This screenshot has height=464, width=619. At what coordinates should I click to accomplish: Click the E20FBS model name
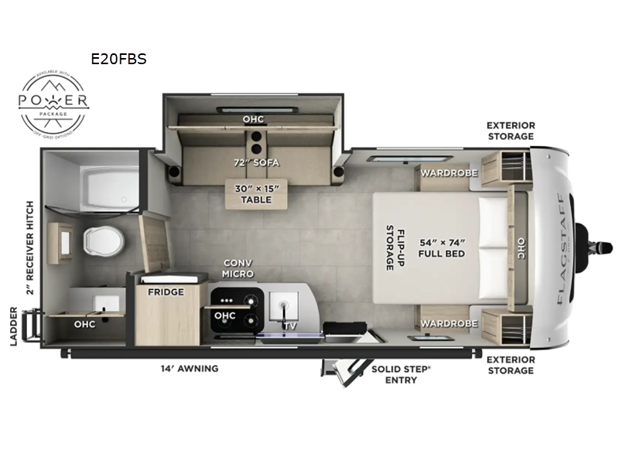point(118,59)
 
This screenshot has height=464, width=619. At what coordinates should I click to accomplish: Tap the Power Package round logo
point(54,102)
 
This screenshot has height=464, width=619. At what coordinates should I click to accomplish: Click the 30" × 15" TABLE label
point(255,193)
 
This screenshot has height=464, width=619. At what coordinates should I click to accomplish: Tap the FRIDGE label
point(166,292)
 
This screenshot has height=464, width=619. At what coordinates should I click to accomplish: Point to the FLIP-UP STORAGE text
point(390,247)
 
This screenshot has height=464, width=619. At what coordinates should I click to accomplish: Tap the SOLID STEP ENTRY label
point(400,374)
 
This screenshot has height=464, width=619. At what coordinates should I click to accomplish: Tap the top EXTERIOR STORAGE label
point(511,130)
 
